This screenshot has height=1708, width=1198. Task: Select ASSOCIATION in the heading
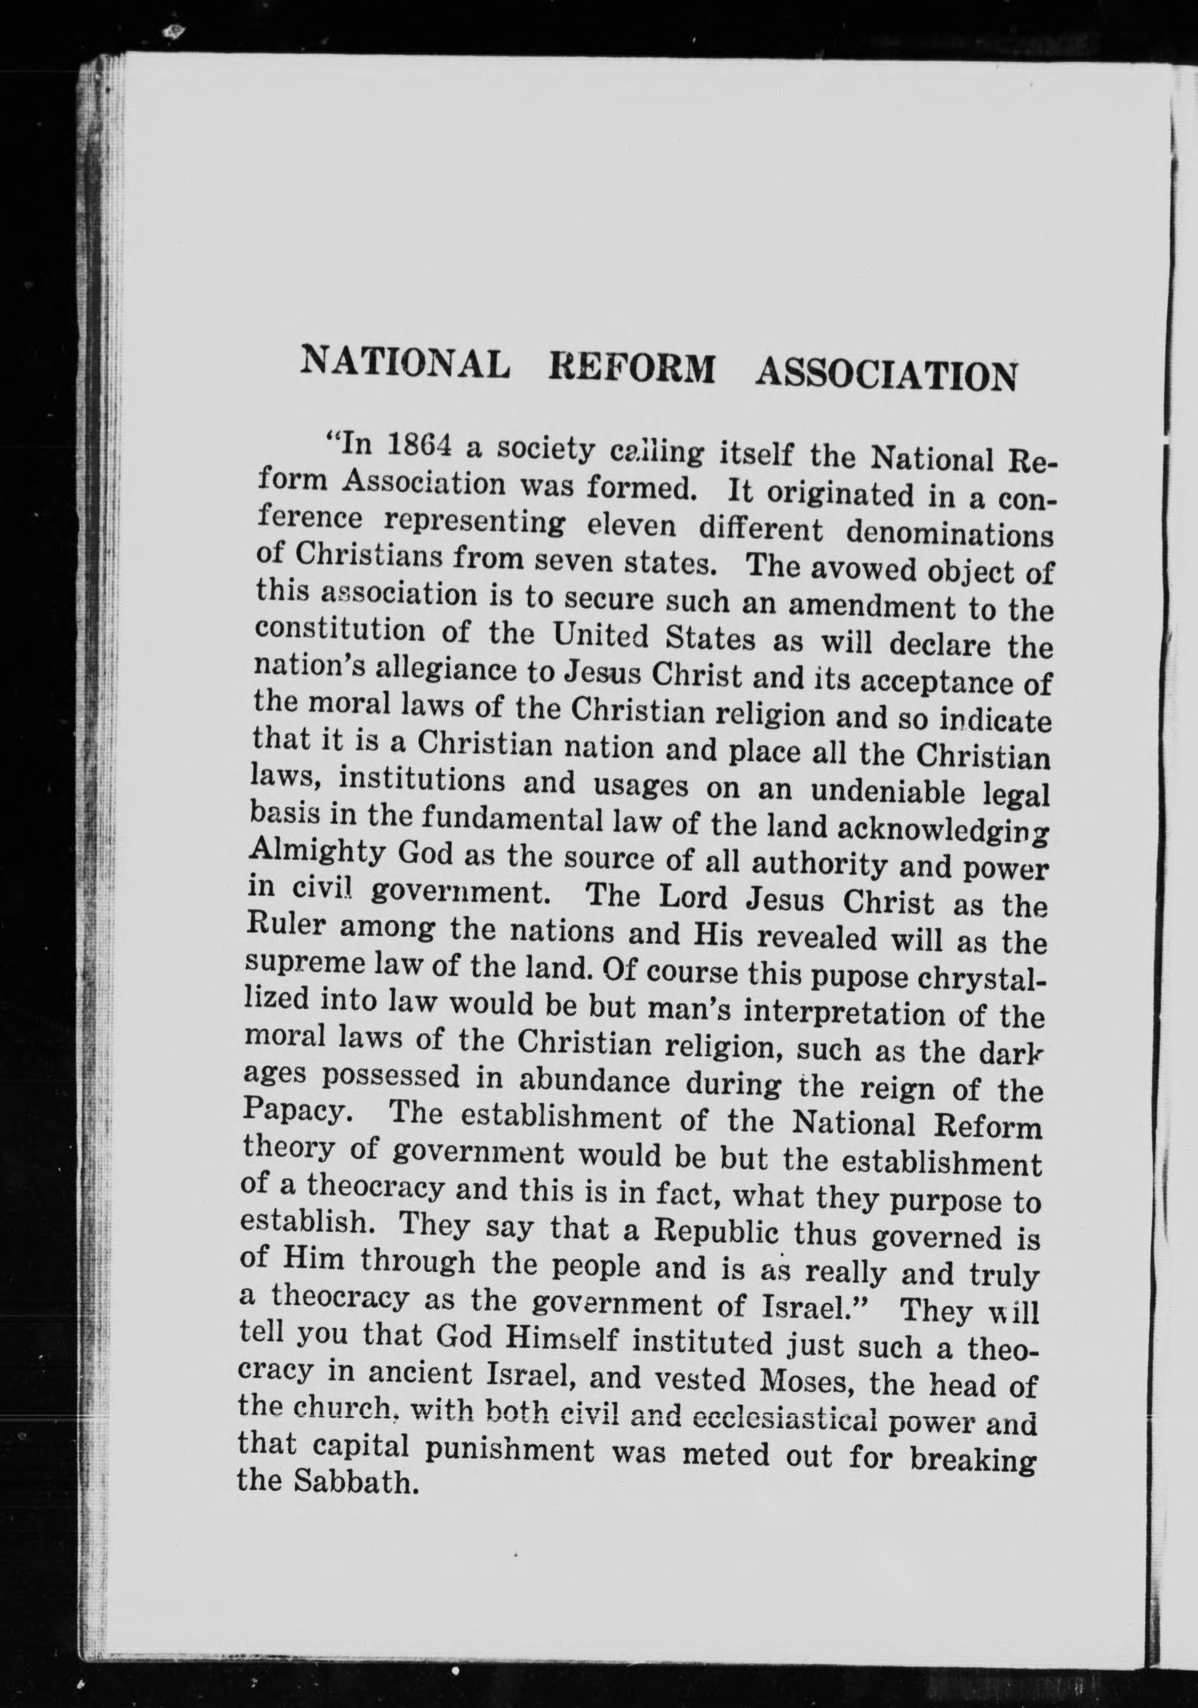(x=886, y=375)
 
